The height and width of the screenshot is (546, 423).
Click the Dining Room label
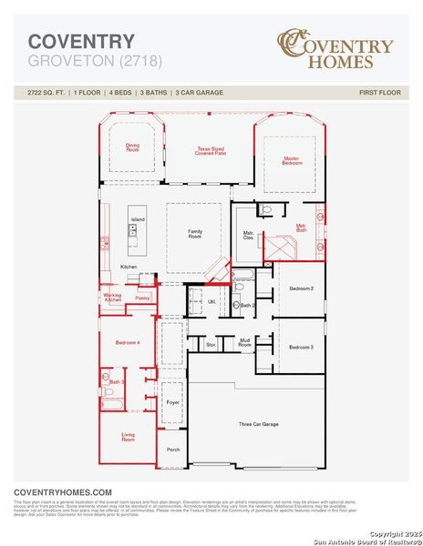point(133,147)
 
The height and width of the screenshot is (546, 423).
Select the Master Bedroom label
point(291,160)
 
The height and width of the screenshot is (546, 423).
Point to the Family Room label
point(195,233)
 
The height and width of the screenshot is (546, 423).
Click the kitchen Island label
point(138,220)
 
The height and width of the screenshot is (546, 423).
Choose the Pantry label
point(142,298)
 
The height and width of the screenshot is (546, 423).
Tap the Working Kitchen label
point(113,298)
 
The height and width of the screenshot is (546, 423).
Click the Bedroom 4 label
point(128,341)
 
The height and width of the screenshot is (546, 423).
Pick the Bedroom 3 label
point(302,347)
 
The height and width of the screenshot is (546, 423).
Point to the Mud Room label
point(244,343)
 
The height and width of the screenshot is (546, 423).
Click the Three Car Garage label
point(258,424)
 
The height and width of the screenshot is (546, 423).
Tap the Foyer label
point(172,401)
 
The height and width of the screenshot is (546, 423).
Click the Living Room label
point(128,438)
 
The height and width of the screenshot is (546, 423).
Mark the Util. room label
point(212,300)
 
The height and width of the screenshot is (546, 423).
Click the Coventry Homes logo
point(335,50)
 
